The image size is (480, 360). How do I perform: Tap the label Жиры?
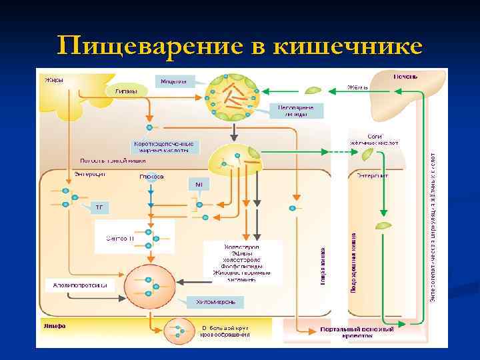54,81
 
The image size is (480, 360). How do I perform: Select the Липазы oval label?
127,91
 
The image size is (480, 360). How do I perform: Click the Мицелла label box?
175,81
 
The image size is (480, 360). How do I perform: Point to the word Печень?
405,77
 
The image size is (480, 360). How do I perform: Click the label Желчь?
358,87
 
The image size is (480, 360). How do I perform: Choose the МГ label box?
198,183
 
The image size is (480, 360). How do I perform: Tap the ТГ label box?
99,207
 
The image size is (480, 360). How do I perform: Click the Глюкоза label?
151,177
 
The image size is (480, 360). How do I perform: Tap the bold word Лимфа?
54,327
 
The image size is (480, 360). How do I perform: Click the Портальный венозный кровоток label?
356,332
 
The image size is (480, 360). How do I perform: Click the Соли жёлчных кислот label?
374,139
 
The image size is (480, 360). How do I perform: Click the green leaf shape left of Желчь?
312,89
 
